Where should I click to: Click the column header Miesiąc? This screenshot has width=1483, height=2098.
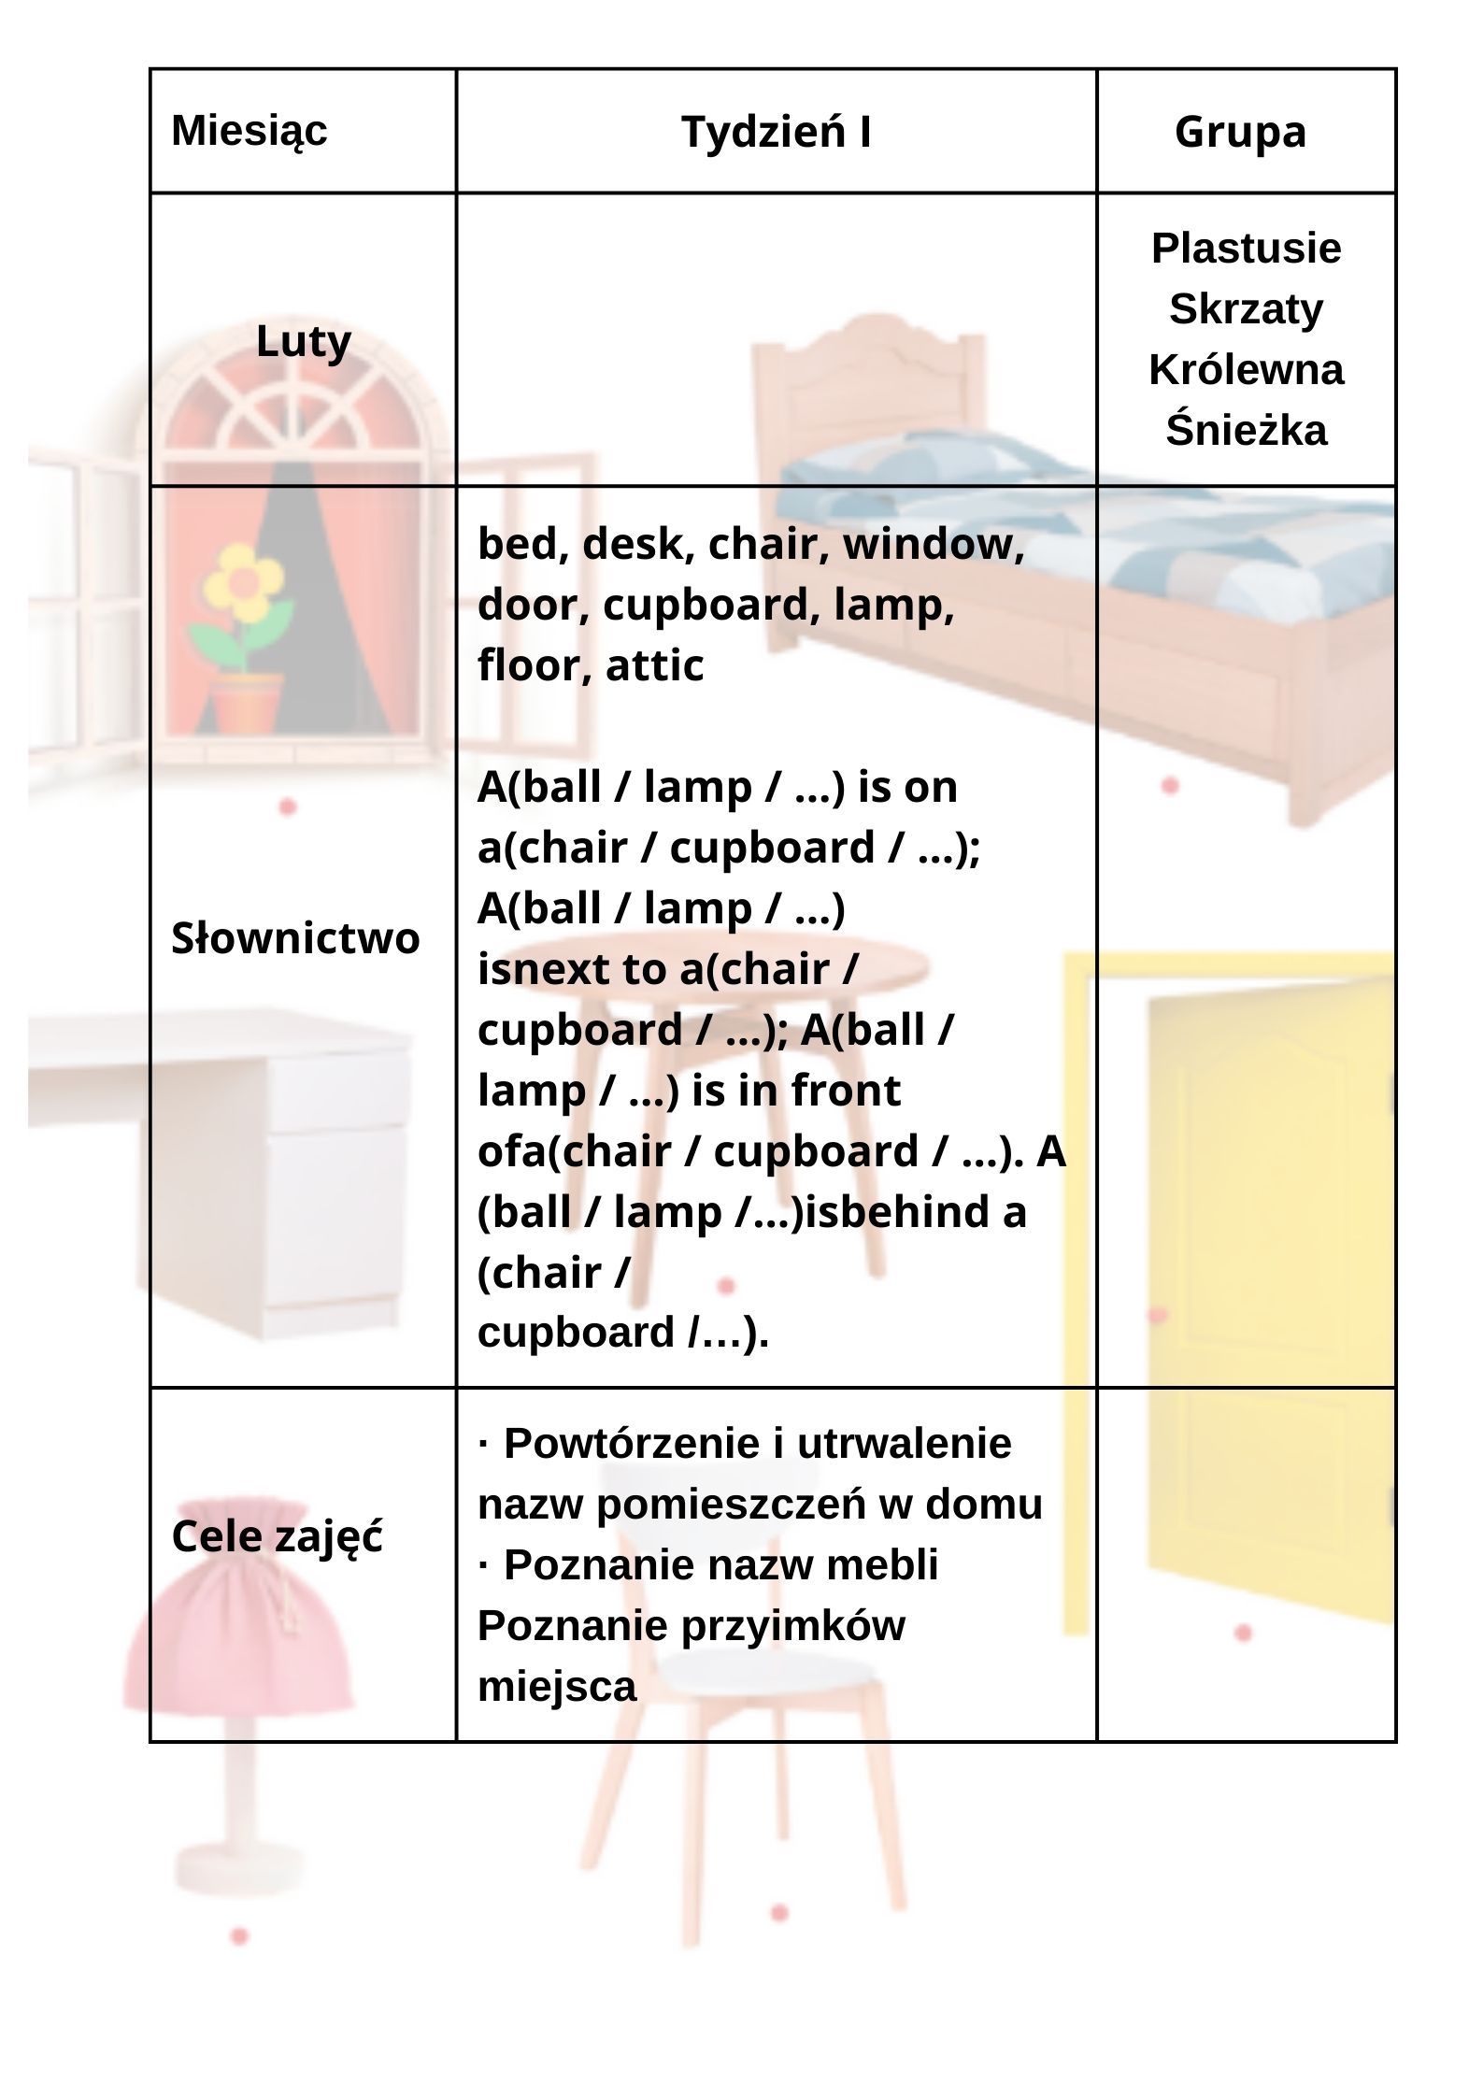pos(249,131)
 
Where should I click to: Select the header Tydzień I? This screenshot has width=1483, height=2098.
pos(776,132)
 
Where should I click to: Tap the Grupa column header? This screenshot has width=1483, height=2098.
pos(1240,132)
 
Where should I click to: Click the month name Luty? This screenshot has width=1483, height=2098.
pos(303,342)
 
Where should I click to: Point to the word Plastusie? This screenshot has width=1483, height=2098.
pos(1246,249)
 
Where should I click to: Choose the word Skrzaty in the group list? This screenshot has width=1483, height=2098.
pos(1246,309)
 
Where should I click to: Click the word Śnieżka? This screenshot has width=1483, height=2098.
pos(1246,431)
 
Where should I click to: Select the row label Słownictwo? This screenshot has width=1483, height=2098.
pos(295,938)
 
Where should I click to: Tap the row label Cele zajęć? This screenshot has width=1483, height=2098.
pos(277,1536)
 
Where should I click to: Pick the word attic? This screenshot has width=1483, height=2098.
pos(654,665)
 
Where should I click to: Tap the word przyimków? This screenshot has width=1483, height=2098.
pos(792,1626)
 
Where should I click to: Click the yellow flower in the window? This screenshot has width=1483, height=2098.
pos(243,584)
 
